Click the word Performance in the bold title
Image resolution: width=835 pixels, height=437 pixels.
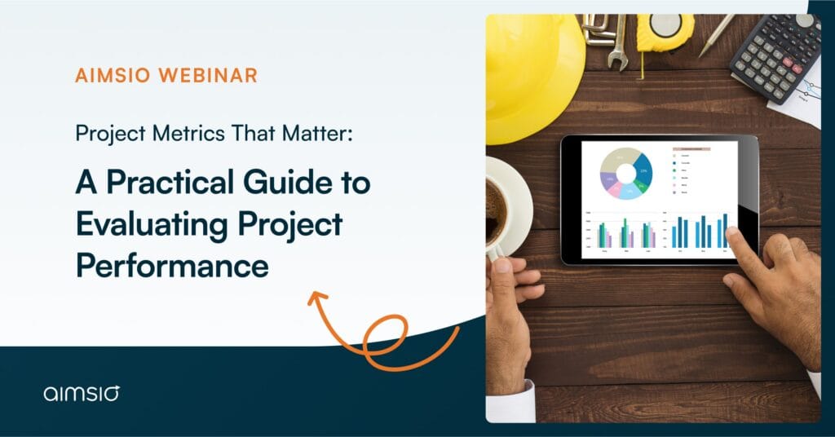click(172, 265)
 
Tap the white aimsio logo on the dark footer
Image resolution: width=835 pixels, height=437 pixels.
click(82, 394)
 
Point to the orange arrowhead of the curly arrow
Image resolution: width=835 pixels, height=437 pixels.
click(315, 297)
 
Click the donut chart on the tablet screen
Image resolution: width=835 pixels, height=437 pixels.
click(626, 173)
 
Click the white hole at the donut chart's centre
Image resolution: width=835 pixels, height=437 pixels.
click(626, 173)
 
